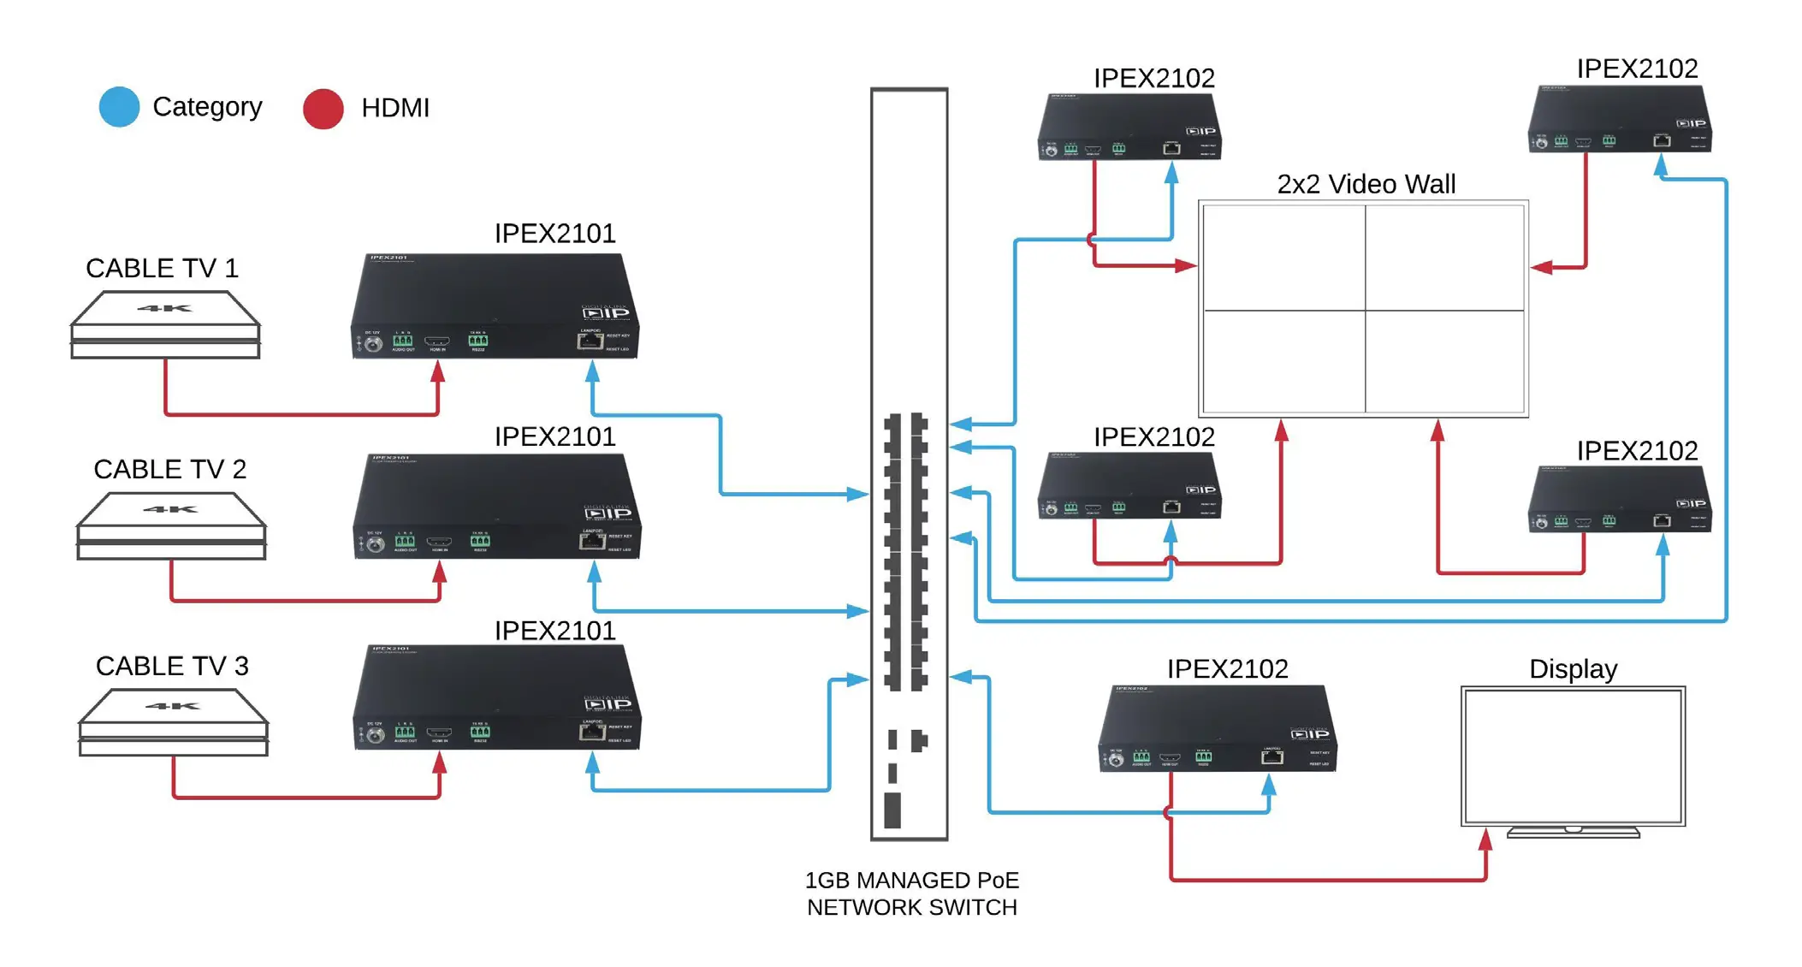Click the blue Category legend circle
[119, 108]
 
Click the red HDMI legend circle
[323, 109]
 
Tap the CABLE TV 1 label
[162, 268]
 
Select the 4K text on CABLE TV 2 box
[170, 509]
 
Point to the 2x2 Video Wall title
[1366, 184]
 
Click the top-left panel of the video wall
[1283, 258]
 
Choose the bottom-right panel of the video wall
[1444, 361]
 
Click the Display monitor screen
[1573, 756]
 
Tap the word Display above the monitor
[1573, 668]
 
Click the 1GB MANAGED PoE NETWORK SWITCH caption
[911, 893]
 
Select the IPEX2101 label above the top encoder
[554, 233]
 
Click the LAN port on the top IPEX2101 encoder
[590, 341]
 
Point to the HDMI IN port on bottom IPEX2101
[439, 733]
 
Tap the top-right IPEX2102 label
[1637, 68]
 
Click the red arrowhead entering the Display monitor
[1486, 839]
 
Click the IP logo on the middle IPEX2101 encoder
[608, 513]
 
